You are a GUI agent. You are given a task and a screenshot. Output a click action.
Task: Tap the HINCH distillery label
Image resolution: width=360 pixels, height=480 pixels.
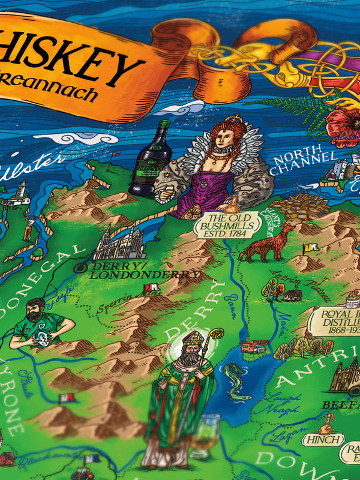click(322, 440)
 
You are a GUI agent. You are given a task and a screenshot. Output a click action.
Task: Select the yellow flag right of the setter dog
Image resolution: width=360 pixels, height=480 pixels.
click(309, 247)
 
